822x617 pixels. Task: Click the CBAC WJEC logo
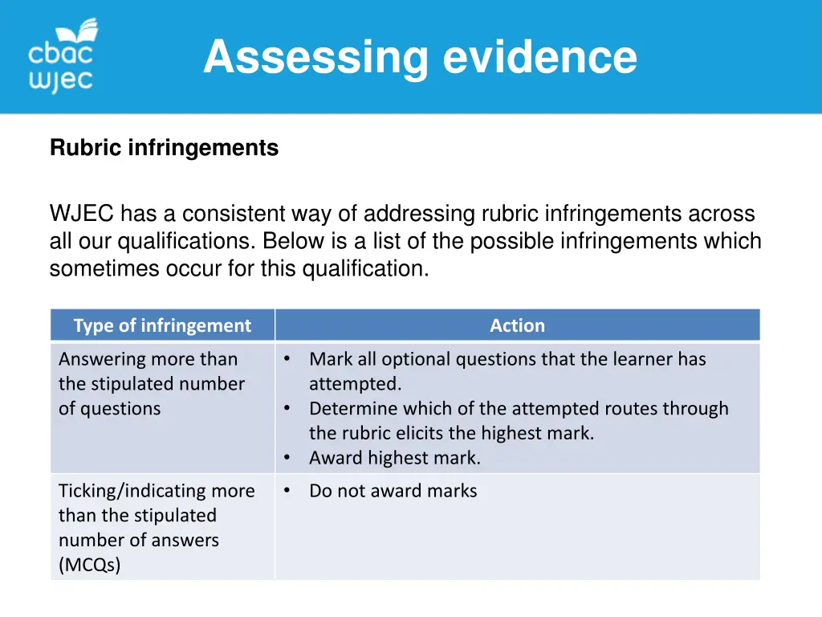[63, 56]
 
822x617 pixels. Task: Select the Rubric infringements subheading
[164, 148]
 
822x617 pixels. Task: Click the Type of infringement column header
[162, 325]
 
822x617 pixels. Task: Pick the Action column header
[517, 325]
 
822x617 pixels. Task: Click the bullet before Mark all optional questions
[287, 359]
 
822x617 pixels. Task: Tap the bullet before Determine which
[287, 409]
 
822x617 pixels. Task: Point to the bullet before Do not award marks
[287, 491]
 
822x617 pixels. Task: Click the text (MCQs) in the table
[89, 565]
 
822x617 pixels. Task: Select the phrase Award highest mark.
[394, 459]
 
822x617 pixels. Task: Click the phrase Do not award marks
[393, 491]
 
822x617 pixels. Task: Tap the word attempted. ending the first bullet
[355, 384]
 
